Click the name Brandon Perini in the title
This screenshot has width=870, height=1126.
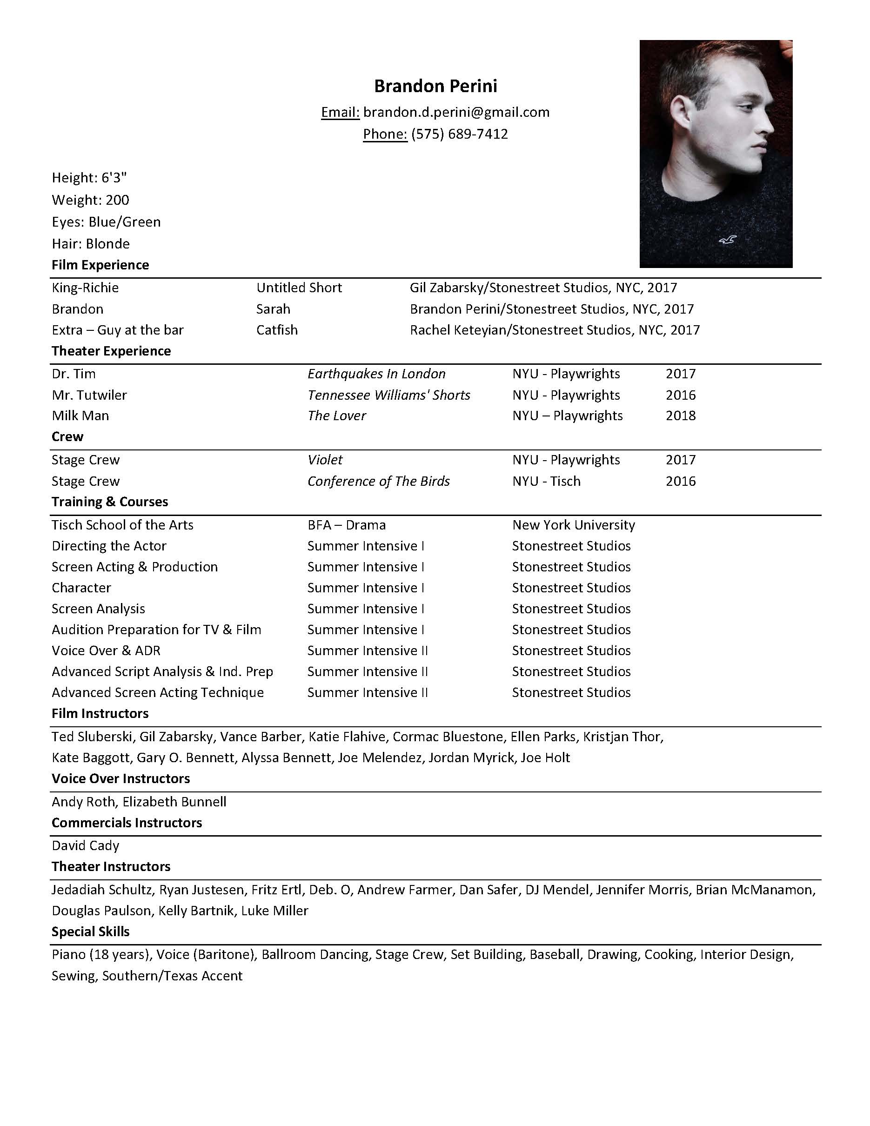[x=435, y=86]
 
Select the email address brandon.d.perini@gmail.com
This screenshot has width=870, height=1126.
[x=456, y=113]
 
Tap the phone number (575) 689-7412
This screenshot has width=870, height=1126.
[x=459, y=134]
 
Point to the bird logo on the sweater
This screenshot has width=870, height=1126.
[x=727, y=239]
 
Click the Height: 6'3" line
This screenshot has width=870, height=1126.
[x=89, y=178]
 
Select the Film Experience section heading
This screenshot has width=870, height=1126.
[x=100, y=265]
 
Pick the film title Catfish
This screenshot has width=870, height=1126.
[x=277, y=330]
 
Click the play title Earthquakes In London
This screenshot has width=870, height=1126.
[x=376, y=374]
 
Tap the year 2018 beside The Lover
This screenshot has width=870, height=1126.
[x=680, y=416]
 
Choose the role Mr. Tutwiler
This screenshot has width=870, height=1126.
[x=89, y=395]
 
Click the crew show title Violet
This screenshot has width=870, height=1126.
[x=325, y=460]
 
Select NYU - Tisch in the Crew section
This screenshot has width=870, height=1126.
[x=546, y=481]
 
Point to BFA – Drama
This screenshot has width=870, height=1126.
[x=346, y=525]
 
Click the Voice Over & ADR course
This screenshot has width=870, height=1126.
[x=106, y=650]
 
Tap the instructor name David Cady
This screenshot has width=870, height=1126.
[x=86, y=845]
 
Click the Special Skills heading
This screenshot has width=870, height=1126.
[x=90, y=932]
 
